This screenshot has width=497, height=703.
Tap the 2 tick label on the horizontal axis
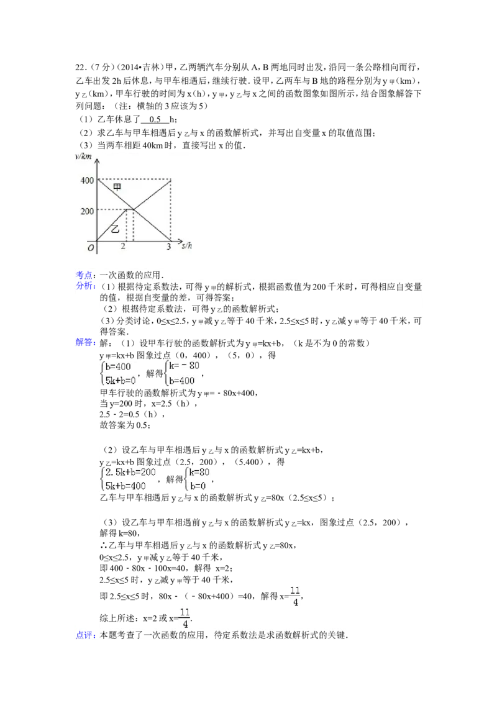click(x=123, y=247)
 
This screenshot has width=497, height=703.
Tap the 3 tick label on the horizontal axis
click(x=169, y=247)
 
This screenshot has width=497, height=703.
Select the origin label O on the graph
click(x=91, y=248)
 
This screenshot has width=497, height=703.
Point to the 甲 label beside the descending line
click(x=117, y=187)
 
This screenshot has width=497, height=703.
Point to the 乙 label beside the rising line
click(x=114, y=229)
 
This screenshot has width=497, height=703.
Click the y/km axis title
click(x=83, y=156)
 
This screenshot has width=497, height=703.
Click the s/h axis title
click(x=188, y=246)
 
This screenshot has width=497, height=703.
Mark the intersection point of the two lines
click(x=134, y=210)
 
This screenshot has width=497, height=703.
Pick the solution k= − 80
click(x=185, y=366)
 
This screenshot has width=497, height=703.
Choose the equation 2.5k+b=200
click(x=131, y=473)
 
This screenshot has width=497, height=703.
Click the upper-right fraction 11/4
click(x=296, y=596)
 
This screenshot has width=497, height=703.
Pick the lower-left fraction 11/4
click(x=185, y=617)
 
